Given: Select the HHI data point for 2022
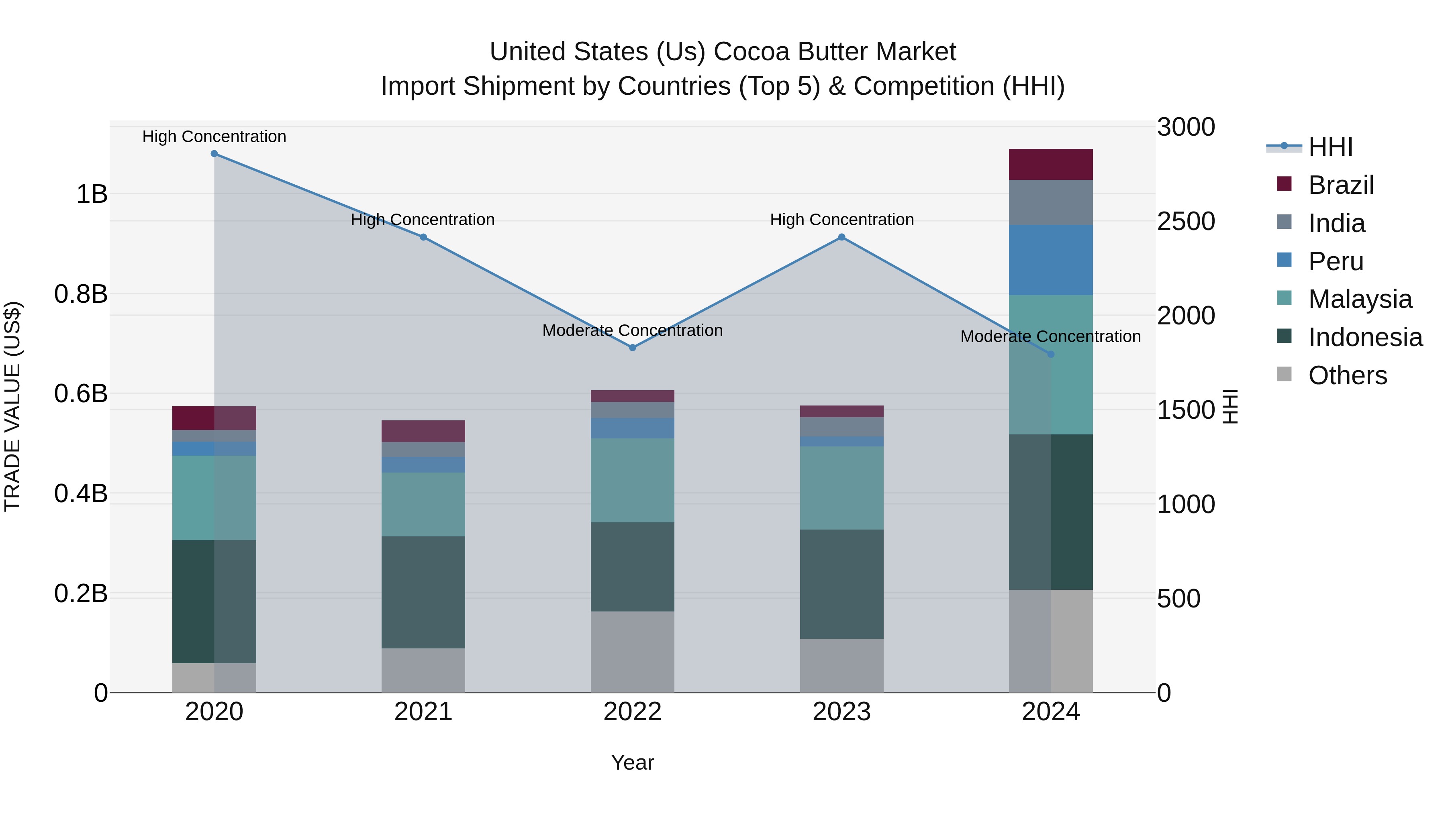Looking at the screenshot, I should click(x=633, y=348).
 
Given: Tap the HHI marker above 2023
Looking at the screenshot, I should click(x=841, y=237).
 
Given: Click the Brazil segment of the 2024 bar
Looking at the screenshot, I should click(x=1050, y=164).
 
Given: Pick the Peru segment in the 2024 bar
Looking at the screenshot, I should click(x=1050, y=260).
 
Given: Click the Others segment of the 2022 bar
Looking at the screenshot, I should click(x=633, y=652).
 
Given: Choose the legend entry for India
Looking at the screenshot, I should click(x=1336, y=223).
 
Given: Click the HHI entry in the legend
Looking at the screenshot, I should click(x=1330, y=147).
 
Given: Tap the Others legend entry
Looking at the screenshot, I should click(x=1347, y=375).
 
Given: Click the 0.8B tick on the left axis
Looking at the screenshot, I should click(x=81, y=294).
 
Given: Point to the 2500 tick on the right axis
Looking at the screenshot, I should click(x=1186, y=221).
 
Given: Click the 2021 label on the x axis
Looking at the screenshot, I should click(x=423, y=712).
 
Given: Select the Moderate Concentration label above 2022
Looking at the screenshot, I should click(x=633, y=330).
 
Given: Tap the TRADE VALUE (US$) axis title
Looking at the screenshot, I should click(x=12, y=406).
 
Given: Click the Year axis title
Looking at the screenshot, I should click(x=633, y=762).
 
